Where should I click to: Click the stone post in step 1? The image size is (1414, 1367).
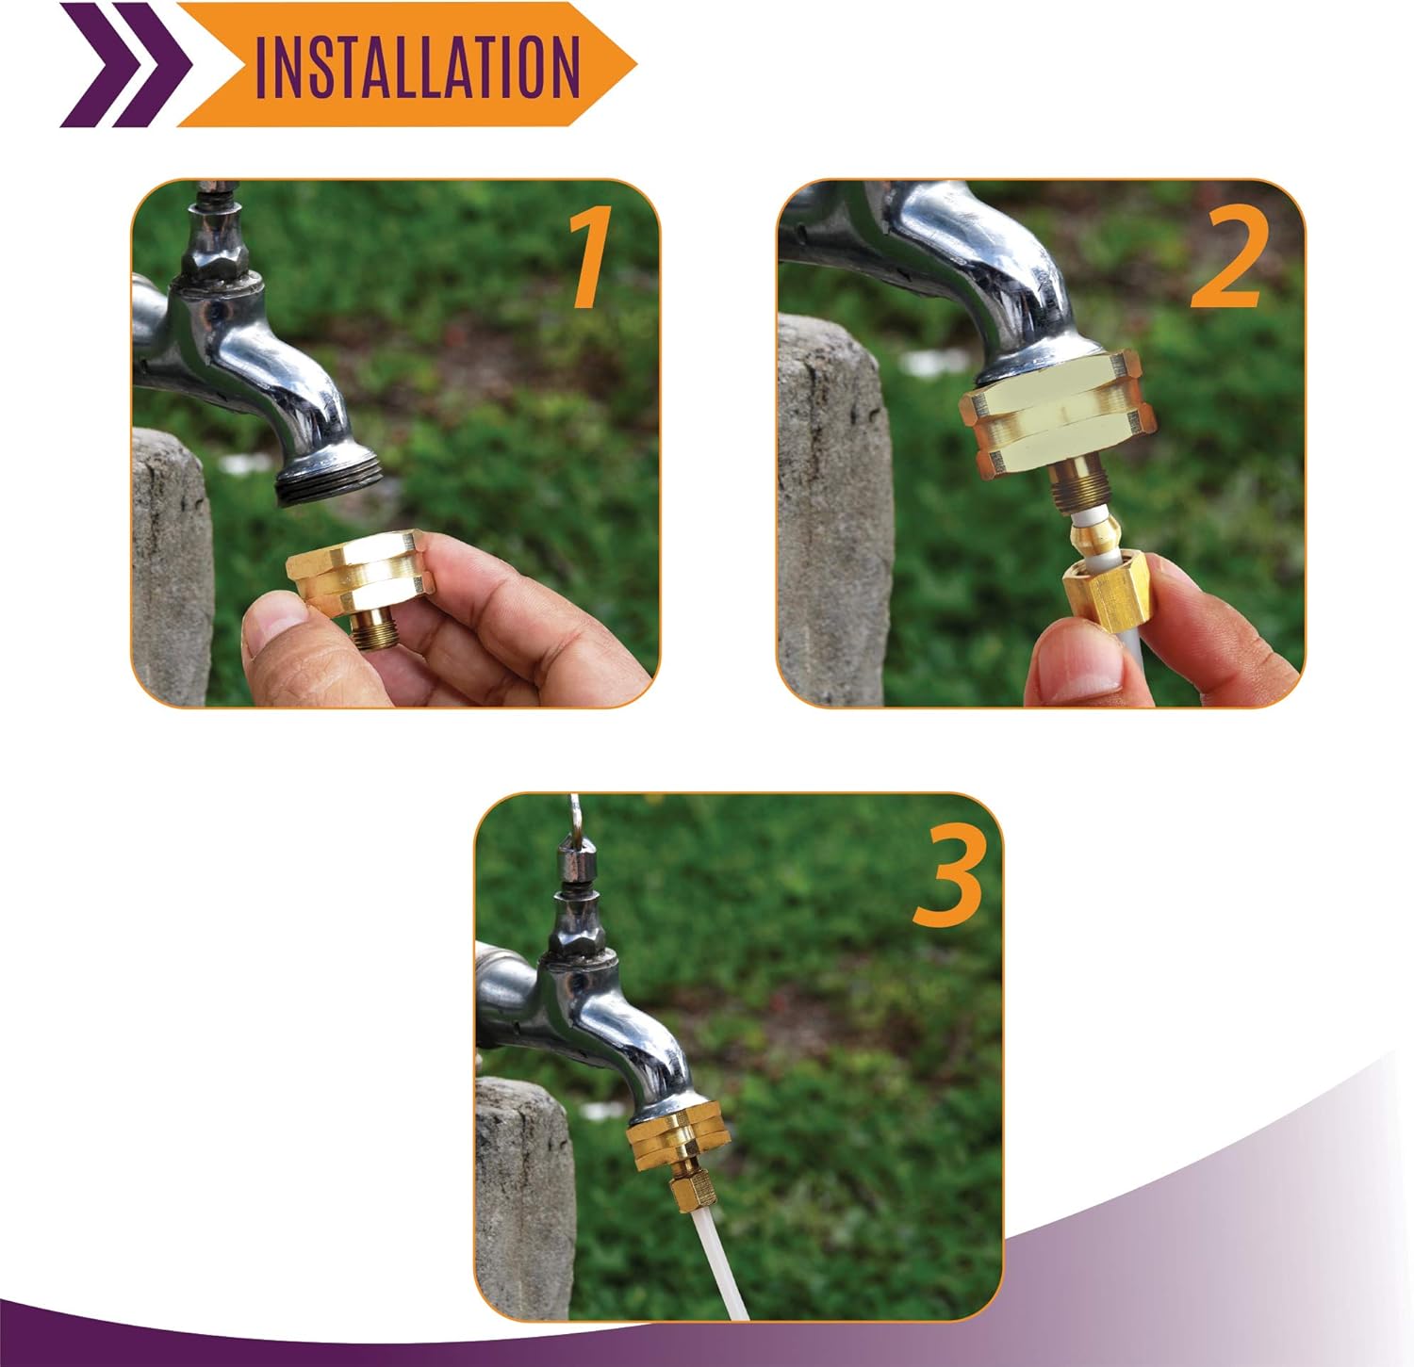point(170,565)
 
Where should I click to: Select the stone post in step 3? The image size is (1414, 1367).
point(524,1196)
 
